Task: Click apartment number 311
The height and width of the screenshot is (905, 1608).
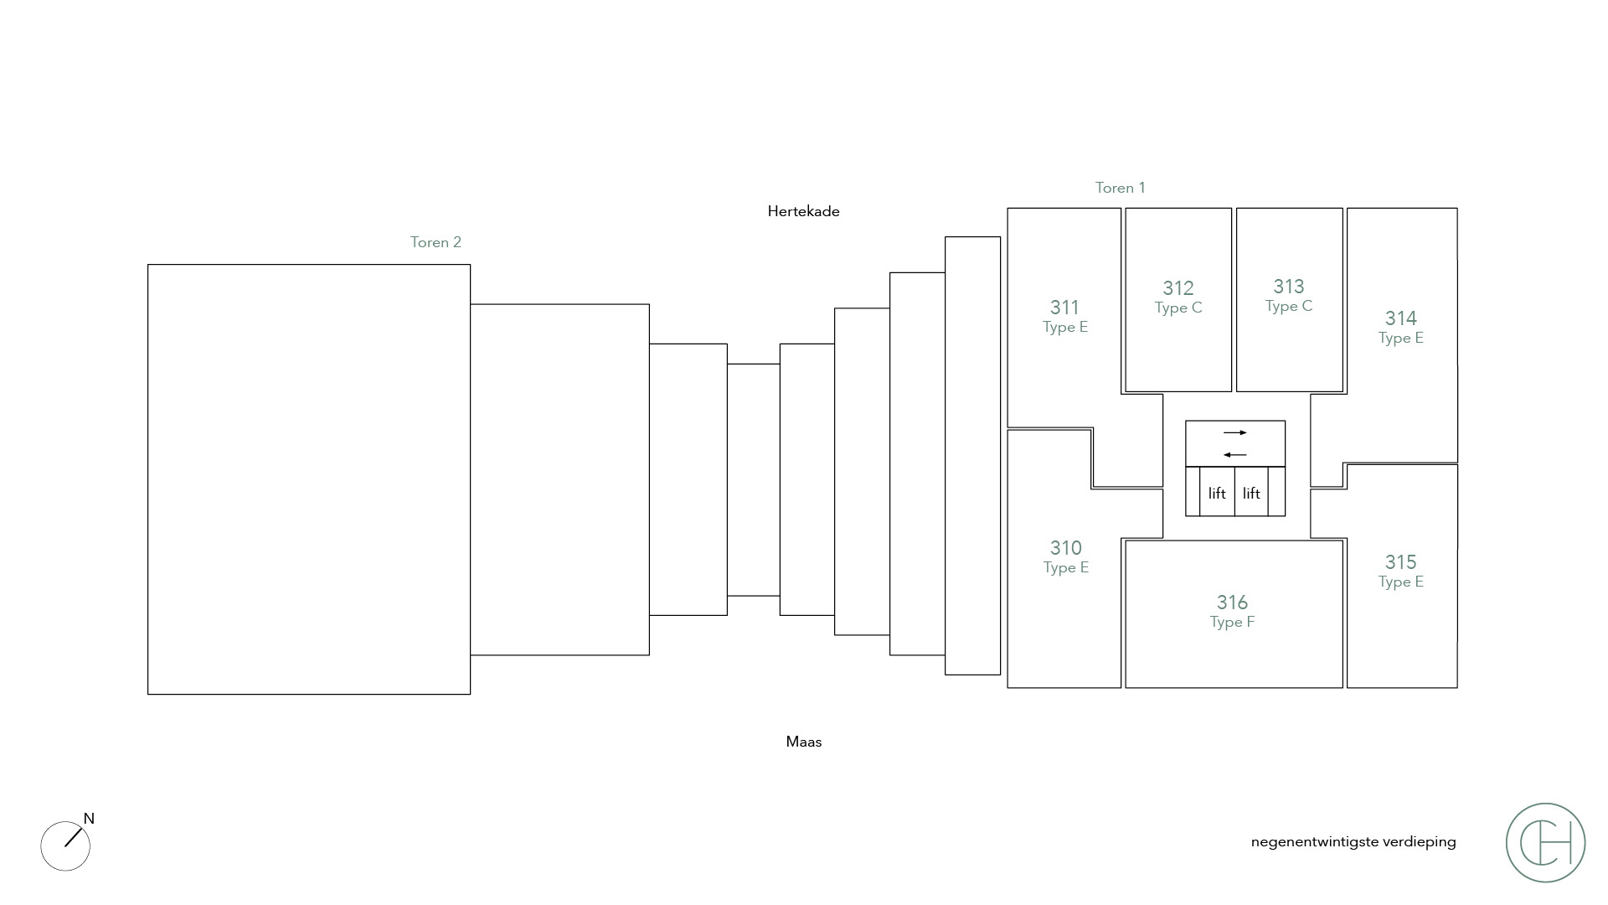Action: point(1064,308)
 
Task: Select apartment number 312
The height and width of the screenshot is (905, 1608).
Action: point(1178,288)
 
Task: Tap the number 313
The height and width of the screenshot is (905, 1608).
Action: point(1288,287)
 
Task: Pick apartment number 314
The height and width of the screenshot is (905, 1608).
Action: point(1400,318)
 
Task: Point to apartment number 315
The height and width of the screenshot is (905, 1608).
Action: point(1400,562)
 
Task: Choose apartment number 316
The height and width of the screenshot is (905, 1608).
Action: point(1232,602)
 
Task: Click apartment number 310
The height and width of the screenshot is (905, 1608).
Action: point(1065,548)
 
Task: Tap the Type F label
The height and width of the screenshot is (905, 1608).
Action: point(1232,622)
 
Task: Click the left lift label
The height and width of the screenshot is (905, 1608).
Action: point(1217,494)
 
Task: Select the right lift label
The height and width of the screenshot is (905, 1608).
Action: point(1251,494)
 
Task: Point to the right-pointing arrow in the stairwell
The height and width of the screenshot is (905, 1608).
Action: point(1235,432)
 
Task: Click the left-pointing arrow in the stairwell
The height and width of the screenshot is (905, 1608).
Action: point(1235,455)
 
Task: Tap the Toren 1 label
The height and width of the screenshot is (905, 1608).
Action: point(1120,188)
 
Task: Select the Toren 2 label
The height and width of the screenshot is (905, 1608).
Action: point(435,242)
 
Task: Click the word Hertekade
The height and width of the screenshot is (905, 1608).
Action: point(803,211)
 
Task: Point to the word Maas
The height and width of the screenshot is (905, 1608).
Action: point(804,742)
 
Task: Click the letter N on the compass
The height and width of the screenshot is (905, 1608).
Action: point(89,819)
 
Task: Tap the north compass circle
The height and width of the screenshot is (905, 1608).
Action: point(64,846)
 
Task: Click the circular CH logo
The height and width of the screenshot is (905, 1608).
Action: point(1545,842)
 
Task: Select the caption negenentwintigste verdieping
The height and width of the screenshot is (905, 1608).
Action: point(1353,842)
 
